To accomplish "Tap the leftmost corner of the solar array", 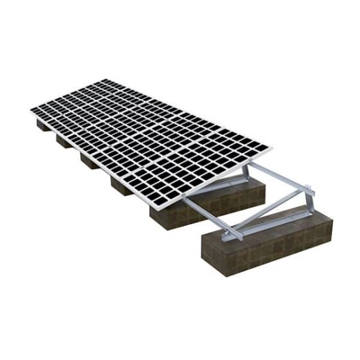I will tap(31, 111).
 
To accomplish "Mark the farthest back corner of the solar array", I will tap(103, 80).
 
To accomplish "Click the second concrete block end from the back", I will tap(64, 141).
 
